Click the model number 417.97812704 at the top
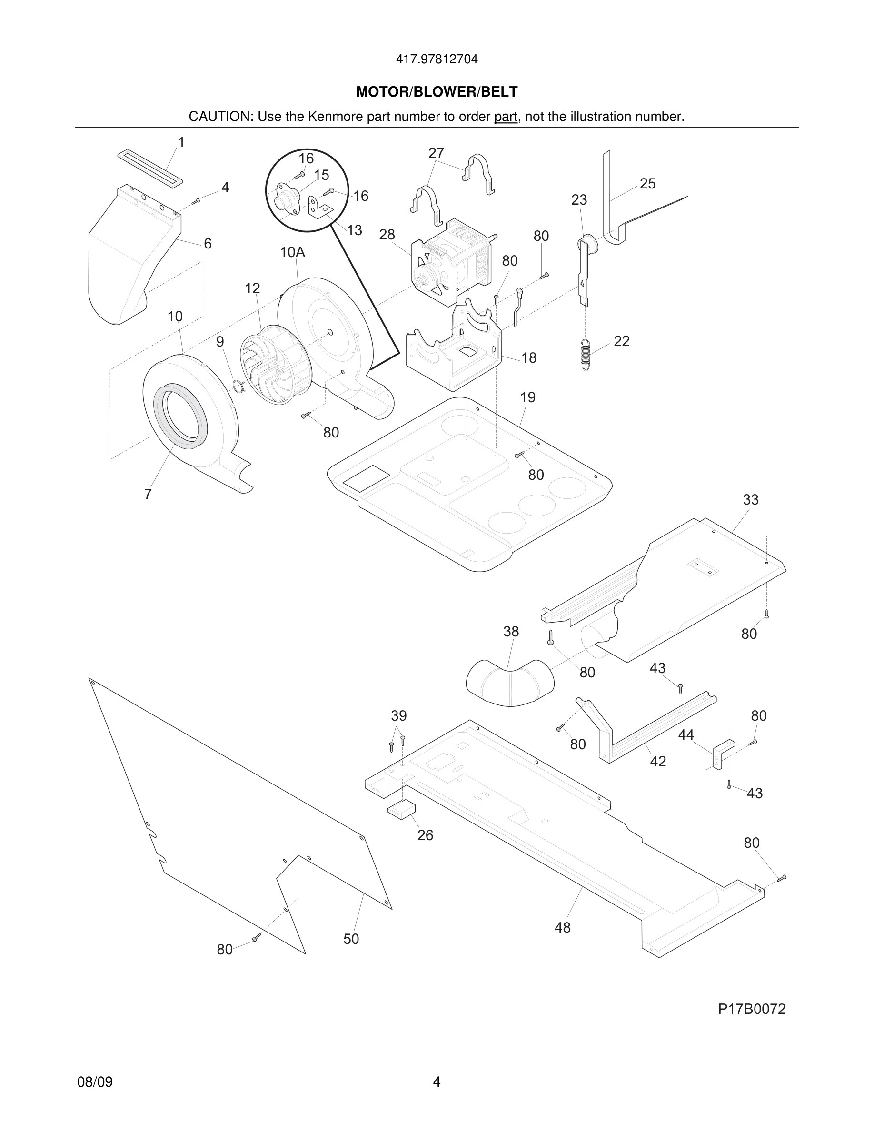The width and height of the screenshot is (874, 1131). tap(437, 60)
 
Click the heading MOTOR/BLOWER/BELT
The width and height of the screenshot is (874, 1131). tap(437, 92)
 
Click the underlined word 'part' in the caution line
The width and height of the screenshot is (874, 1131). tap(506, 117)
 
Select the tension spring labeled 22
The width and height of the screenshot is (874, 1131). tap(586, 355)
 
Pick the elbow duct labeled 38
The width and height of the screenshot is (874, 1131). tap(510, 682)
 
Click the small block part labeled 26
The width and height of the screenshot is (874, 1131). tap(402, 808)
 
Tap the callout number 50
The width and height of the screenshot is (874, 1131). tap(350, 939)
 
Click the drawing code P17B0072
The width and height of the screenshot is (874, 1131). tap(751, 1009)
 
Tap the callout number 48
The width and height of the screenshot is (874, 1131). tap(562, 927)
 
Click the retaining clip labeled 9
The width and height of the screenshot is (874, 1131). tap(238, 386)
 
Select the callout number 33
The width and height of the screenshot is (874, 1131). tap(750, 500)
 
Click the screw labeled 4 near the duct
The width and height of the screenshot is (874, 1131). tap(196, 201)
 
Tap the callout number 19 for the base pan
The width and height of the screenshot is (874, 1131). tap(527, 398)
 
